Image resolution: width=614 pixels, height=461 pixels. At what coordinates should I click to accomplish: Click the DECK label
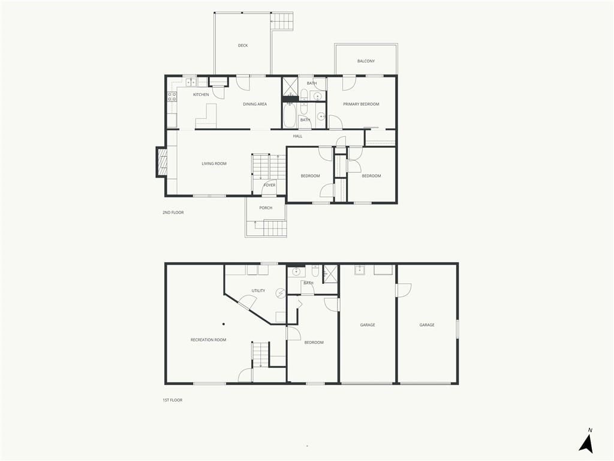pos(243,46)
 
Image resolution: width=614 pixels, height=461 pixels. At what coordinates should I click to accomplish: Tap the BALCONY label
pos(366,61)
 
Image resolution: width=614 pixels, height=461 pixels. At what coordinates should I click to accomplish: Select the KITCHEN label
pos(201,95)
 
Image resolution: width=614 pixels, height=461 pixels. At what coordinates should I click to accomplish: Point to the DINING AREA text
pos(255,104)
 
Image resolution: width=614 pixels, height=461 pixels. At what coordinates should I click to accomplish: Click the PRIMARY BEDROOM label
pos(361,104)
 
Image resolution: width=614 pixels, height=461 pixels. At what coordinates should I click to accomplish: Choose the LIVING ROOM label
pos(214,164)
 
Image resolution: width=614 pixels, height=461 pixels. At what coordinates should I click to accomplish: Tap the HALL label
pos(297,136)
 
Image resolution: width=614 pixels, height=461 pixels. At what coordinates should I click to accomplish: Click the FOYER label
pos(269,185)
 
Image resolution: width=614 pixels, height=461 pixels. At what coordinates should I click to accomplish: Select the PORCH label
pos(266,208)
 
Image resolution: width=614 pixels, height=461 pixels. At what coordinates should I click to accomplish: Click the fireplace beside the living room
pos(161,162)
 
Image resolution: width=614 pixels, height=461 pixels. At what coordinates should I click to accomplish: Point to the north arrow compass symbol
pos(586,441)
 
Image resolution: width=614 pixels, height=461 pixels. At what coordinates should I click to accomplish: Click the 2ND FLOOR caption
pos(173,212)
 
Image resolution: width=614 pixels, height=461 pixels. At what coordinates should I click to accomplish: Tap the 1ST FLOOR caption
pos(172,400)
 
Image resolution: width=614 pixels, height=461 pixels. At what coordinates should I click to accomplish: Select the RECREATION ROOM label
pos(208,340)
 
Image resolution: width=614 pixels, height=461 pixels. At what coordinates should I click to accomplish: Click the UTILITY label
pos(258,291)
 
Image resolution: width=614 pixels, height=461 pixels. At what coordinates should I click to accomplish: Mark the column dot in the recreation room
pos(224,324)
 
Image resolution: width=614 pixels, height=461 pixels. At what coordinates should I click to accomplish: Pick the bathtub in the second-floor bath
pos(290,115)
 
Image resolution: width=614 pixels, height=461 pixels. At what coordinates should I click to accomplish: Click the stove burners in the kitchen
pos(172,97)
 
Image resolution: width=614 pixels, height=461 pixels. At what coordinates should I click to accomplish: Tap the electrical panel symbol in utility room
pos(281,293)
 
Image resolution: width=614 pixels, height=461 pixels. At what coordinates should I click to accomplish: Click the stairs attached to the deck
pos(282,21)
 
